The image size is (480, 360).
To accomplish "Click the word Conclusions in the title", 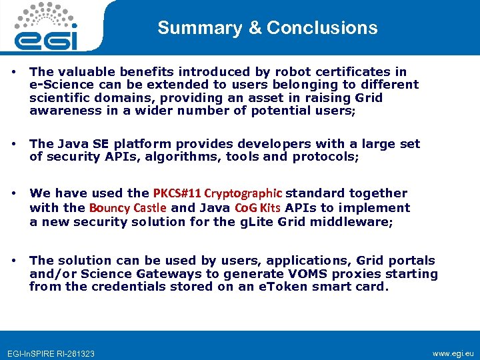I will [322, 28].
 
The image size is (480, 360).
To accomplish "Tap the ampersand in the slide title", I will [254, 28].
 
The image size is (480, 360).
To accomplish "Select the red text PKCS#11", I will [177, 193].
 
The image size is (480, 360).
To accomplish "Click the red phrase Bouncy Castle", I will [128, 207].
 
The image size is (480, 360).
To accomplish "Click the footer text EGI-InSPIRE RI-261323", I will [51, 353].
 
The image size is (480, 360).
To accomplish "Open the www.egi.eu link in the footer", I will [453, 352].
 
